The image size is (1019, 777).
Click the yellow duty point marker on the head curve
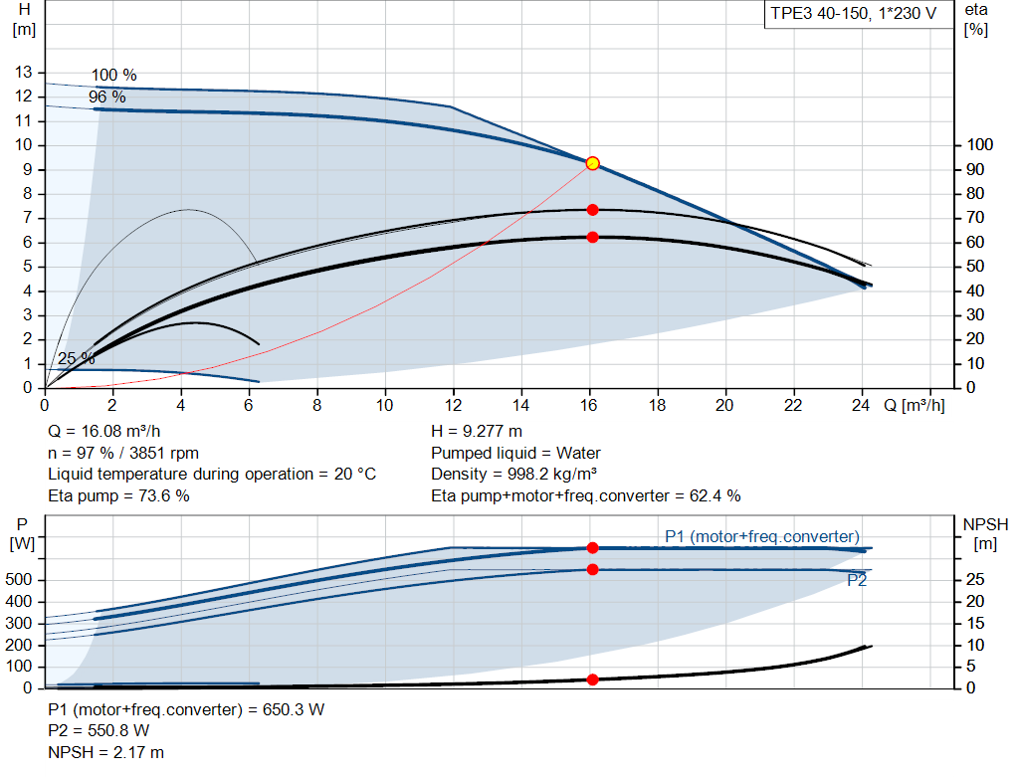click(x=592, y=163)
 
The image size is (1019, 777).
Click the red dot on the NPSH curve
click(x=592, y=680)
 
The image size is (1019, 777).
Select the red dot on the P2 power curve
click(x=592, y=569)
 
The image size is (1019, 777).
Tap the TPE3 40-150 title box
click(x=853, y=16)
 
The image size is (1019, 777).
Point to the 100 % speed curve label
click(x=113, y=76)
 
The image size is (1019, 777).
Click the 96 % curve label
click(x=106, y=97)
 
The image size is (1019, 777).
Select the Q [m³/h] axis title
click(x=913, y=406)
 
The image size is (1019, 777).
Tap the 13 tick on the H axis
click(x=23, y=73)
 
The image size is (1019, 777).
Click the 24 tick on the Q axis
click(x=862, y=406)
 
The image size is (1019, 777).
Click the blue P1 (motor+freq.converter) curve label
click(x=761, y=537)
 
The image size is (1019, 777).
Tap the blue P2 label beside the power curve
click(x=856, y=581)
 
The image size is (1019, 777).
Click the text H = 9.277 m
click(x=476, y=432)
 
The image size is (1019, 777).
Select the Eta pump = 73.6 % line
click(x=118, y=495)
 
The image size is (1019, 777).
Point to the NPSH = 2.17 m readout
click(x=105, y=753)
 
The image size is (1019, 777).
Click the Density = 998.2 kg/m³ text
click(x=513, y=475)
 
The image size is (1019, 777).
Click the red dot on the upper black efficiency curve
click(x=592, y=210)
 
